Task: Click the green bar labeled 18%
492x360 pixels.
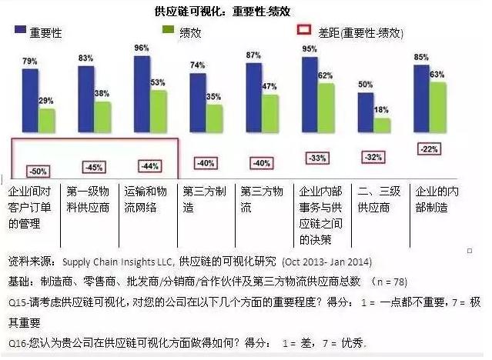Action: pos(382,125)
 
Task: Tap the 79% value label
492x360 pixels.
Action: pos(29,61)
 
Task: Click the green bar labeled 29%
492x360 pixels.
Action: pos(47,120)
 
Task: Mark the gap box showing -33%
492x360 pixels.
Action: pos(315,158)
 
